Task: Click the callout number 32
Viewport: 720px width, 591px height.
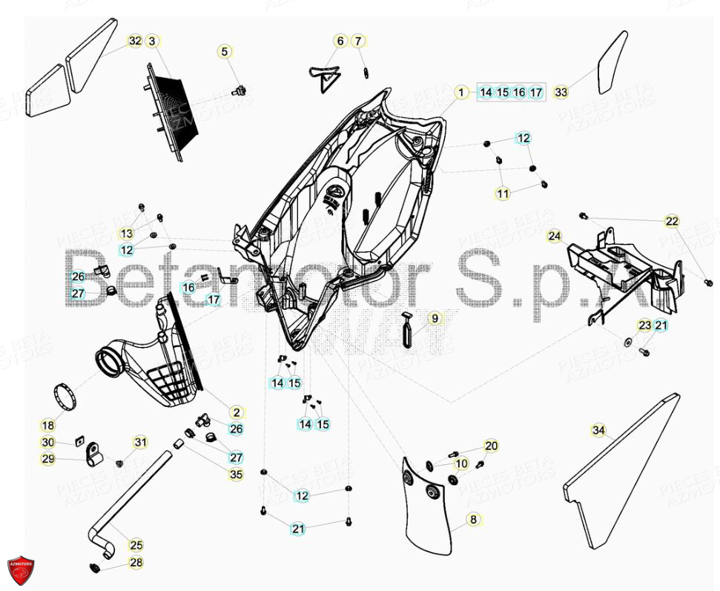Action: tap(134, 41)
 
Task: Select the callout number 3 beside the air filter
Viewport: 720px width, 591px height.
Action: tap(152, 41)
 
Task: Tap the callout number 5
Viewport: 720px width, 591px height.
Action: tap(224, 52)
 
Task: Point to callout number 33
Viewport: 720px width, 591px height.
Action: tap(561, 93)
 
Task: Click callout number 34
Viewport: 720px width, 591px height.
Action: tap(598, 430)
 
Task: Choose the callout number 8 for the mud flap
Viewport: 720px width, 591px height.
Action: tap(473, 520)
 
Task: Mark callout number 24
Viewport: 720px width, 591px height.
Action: tap(555, 237)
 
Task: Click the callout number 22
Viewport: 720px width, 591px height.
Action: tap(671, 221)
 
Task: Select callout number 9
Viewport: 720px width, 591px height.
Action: tap(435, 319)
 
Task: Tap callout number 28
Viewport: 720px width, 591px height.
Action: tap(136, 564)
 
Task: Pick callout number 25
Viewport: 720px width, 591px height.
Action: tap(136, 545)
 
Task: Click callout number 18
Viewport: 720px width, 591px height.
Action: tap(47, 426)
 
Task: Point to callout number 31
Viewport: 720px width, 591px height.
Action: tap(140, 443)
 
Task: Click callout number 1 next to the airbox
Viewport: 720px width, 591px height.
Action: tap(460, 93)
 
